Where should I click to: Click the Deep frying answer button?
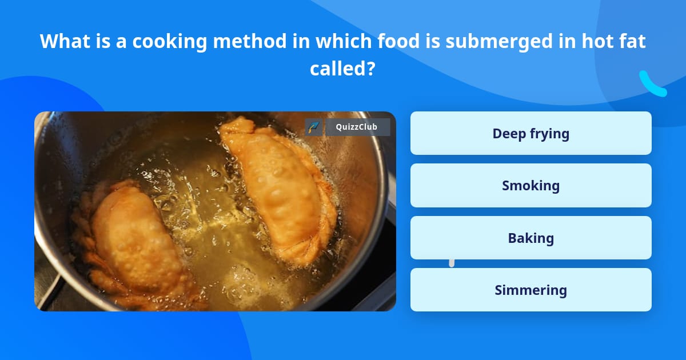pyautogui.click(x=531, y=133)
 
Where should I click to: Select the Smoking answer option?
pyautogui.click(x=531, y=186)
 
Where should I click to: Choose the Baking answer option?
pyautogui.click(x=531, y=238)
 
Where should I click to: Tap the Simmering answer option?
pyautogui.click(x=531, y=290)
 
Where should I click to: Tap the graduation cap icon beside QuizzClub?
pyautogui.click(x=313, y=127)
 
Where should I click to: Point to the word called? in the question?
pyautogui.click(x=342, y=69)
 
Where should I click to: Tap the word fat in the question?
pyautogui.click(x=632, y=41)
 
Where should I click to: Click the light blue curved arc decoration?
pyautogui.click(x=652, y=85)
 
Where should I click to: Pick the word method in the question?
pyautogui.click(x=238, y=41)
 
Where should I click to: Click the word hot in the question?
pyautogui.click(x=595, y=41)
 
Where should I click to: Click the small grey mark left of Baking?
pyautogui.click(x=452, y=263)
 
